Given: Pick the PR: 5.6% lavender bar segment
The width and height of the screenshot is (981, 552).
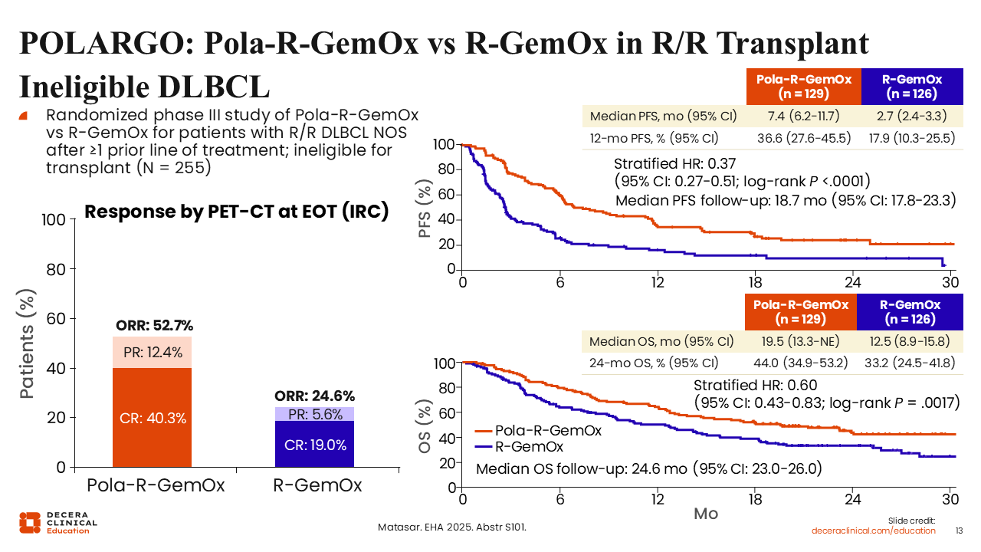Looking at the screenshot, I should [x=314, y=414].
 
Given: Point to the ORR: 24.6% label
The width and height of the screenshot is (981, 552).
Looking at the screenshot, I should [x=314, y=396].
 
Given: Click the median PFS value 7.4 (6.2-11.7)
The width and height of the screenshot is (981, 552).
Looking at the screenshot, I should [x=802, y=117].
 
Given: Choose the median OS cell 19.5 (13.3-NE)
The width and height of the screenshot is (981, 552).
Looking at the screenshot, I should [x=802, y=341].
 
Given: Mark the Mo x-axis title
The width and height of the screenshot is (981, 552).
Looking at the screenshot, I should [x=706, y=513].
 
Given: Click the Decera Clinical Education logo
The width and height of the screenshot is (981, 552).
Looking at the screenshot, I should [x=58, y=521].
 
